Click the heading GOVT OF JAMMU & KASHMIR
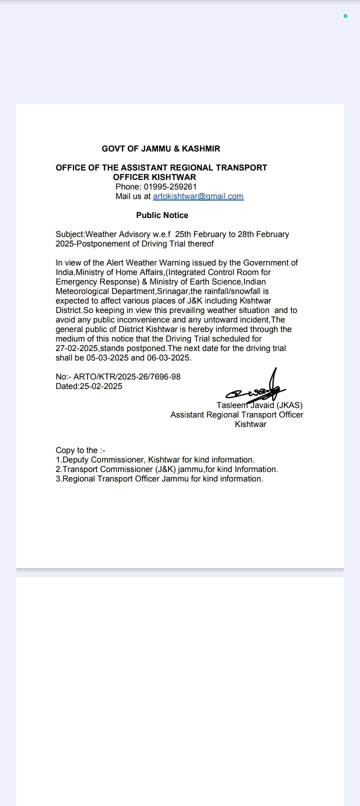[161, 148]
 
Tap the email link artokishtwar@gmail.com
[198, 196]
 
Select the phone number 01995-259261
[170, 187]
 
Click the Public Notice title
[162, 215]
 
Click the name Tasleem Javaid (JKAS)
[259, 405]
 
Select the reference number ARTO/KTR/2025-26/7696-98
[127, 376]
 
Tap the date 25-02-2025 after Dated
[101, 386]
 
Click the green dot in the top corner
[345, 16]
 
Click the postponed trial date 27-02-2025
[77, 348]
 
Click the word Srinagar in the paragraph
[172, 291]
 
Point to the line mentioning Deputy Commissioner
[155, 460]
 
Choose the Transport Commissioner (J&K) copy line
[166, 469]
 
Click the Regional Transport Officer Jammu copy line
[159, 479]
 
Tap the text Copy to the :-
[80, 450]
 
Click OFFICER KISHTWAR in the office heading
[154, 177]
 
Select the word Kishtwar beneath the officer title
[250, 424]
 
